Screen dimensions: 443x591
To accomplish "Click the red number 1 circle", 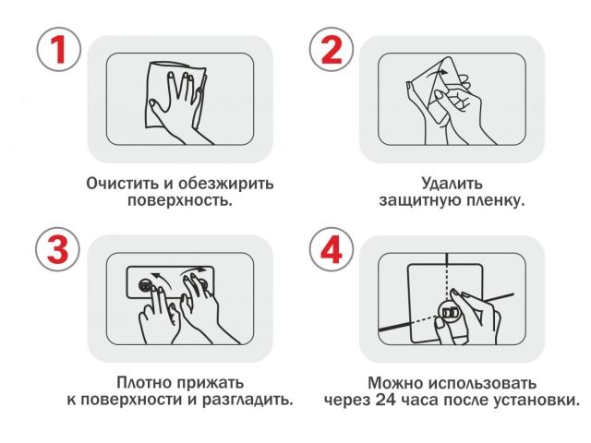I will tap(57, 50).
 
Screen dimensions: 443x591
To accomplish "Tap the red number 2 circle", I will tap(330, 50).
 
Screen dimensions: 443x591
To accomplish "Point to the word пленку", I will tap(494, 200).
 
